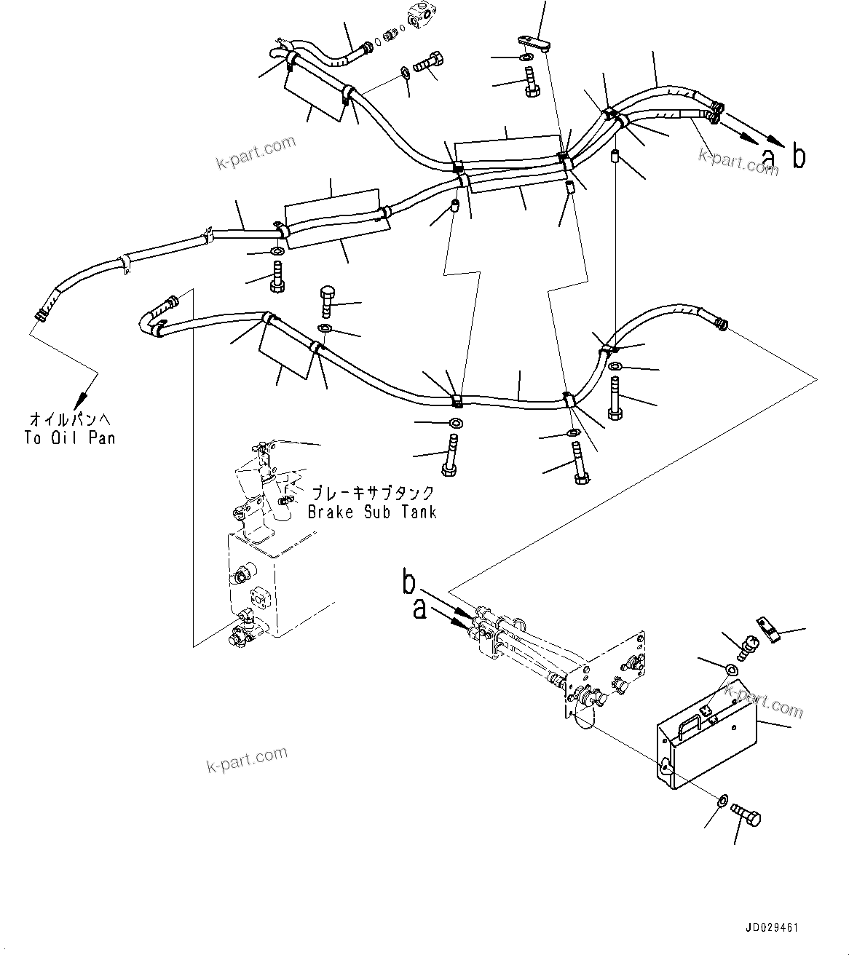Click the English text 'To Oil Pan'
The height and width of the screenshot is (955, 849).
[69, 438]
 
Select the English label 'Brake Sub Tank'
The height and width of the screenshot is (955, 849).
[372, 512]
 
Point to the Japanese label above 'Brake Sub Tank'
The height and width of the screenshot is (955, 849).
[373, 494]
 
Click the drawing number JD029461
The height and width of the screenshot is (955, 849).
[772, 928]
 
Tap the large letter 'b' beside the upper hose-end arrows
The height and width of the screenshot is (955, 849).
[799, 156]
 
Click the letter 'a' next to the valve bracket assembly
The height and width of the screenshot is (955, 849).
[419, 609]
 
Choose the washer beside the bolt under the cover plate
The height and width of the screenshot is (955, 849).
[722, 801]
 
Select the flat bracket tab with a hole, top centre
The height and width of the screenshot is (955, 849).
[535, 44]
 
